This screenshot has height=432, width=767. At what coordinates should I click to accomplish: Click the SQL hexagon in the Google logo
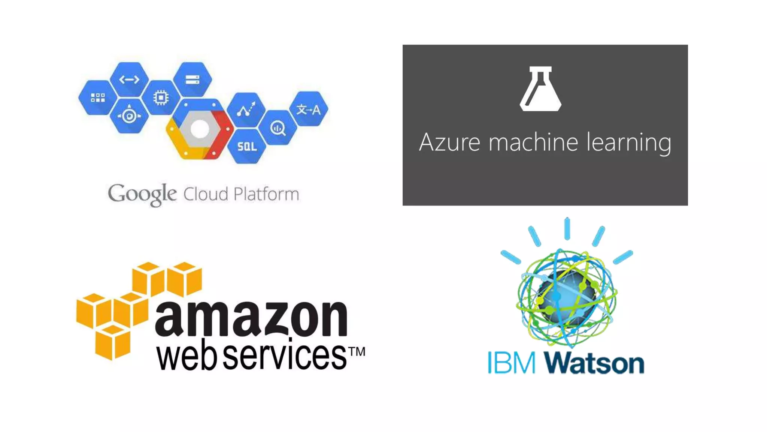pyautogui.click(x=247, y=146)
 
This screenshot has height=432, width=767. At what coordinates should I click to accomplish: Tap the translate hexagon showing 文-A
pyautogui.click(x=309, y=109)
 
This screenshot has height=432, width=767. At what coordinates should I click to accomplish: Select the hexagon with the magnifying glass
pyautogui.click(x=278, y=128)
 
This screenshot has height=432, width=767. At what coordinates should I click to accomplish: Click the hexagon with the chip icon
pyautogui.click(x=161, y=98)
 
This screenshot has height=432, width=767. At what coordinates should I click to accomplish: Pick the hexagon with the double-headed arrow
pyautogui.click(x=129, y=79)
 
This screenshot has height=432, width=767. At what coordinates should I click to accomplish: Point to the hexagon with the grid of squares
pyautogui.click(x=98, y=98)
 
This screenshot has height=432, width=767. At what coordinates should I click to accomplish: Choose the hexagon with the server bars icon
pyautogui.click(x=192, y=79)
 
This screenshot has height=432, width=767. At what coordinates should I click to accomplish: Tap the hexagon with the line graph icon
pyautogui.click(x=246, y=109)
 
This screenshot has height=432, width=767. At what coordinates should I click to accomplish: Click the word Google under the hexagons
pyautogui.click(x=142, y=194)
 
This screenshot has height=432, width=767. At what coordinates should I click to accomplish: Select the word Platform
pyautogui.click(x=266, y=194)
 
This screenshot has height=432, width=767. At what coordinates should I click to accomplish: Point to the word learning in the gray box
pyautogui.click(x=629, y=143)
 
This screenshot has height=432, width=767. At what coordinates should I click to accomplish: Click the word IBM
pyautogui.click(x=512, y=363)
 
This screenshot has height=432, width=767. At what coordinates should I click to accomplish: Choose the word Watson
pyautogui.click(x=594, y=363)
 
